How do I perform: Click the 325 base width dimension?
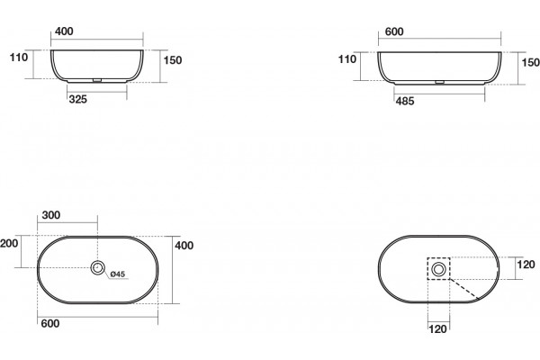click(x=77, y=100)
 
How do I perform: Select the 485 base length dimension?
click(x=405, y=102)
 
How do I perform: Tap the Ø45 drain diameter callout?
click(x=118, y=274)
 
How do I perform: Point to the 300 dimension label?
click(x=51, y=215)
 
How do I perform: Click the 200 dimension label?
click(x=9, y=244)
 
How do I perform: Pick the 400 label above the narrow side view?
click(x=64, y=31)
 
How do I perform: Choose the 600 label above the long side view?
click(x=394, y=31)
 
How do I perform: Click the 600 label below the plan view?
click(x=49, y=323)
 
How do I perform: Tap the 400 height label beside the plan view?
click(x=184, y=246)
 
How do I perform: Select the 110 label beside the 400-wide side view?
click(x=19, y=58)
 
